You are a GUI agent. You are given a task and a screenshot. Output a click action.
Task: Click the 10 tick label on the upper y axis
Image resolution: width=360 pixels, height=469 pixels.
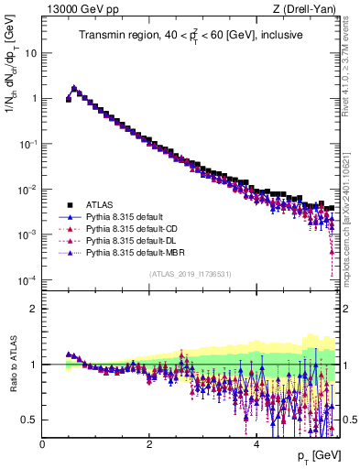[x=31, y=52]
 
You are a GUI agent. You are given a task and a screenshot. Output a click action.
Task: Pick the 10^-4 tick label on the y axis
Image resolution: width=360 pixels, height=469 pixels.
[x=27, y=279]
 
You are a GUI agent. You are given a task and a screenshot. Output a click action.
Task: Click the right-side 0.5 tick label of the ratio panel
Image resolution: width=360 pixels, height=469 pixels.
[x=349, y=420]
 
